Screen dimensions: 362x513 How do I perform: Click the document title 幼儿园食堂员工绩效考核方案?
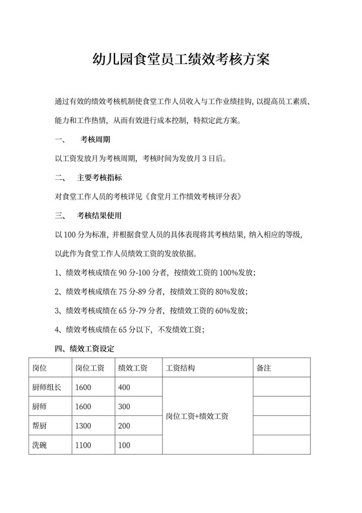tap(181, 60)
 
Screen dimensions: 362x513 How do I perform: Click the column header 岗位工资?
tap(90, 368)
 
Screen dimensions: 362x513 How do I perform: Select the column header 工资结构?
tap(180, 368)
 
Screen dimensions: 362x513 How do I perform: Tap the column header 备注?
tap(263, 368)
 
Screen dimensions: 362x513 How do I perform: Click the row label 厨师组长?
tap(47, 387)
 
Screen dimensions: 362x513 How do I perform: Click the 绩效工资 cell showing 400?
tap(125, 387)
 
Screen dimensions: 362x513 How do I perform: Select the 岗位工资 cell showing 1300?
tap(83, 426)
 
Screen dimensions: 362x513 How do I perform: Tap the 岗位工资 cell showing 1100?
tap(83, 445)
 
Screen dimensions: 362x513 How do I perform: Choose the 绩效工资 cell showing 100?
tap(125, 445)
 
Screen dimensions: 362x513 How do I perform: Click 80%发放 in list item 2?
tap(228, 291)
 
